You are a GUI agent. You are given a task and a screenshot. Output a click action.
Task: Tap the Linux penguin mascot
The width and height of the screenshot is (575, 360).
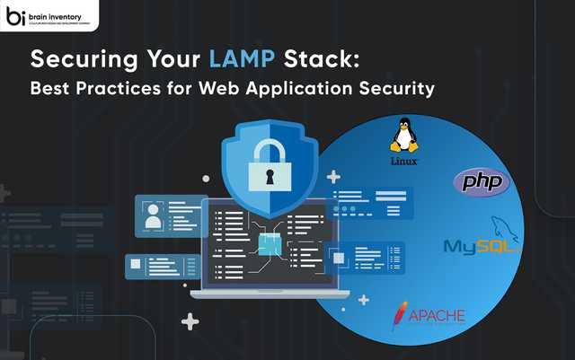pos(405,137)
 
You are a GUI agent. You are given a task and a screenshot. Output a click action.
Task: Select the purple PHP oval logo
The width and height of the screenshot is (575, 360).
pos(482,182)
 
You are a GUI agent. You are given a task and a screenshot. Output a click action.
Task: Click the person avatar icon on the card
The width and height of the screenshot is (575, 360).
pos(154,215)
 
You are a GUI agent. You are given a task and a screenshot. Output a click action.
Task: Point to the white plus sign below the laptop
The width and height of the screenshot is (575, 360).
pos(190,320)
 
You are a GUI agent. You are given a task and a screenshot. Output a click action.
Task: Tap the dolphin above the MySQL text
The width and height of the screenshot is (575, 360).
pos(503,227)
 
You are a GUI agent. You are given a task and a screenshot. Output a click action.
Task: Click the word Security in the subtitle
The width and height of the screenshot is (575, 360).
pos(403,90)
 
